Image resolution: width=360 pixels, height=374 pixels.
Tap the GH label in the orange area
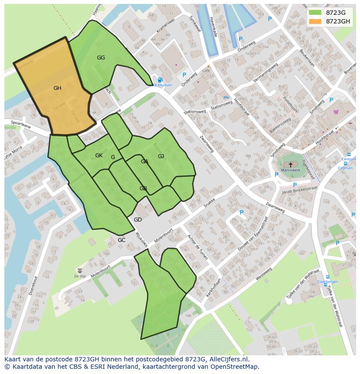pyautogui.click(x=57, y=88)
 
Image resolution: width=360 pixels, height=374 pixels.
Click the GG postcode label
pyautogui.click(x=101, y=58)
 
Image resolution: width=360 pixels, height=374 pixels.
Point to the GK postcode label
pyautogui.click(x=99, y=156)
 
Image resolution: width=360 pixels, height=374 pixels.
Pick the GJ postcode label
pyautogui.click(x=161, y=156)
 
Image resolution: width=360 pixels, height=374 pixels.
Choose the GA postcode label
pyautogui.click(x=145, y=162)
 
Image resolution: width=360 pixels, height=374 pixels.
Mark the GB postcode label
pyautogui.click(x=143, y=189)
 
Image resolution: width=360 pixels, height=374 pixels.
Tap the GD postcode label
pyautogui.click(x=138, y=220)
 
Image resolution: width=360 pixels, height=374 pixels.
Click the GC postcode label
pyautogui.click(x=122, y=240)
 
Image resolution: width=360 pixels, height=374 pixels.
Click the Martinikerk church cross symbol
pyautogui.click(x=291, y=165)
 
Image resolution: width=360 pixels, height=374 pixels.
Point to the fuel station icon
pyautogui.click(x=160, y=80)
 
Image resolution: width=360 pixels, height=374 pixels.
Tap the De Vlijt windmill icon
pyautogui.click(x=79, y=270)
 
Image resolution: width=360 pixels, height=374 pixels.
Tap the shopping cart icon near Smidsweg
pyautogui.click(x=336, y=112)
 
